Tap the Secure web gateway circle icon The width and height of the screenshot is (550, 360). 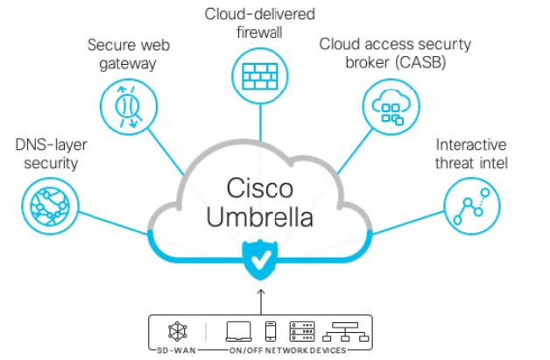[x=124, y=109]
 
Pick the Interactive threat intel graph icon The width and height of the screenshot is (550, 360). [x=471, y=206]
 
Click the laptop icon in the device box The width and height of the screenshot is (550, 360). [x=238, y=331]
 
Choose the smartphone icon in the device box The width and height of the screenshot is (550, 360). [x=271, y=331]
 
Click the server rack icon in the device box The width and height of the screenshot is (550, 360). [x=301, y=331]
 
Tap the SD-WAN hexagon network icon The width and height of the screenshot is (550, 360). [x=176, y=330]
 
